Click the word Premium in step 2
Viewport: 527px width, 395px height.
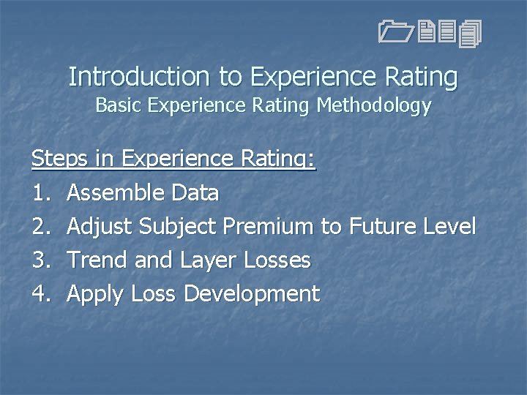point(268,227)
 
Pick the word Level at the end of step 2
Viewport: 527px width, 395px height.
point(449,227)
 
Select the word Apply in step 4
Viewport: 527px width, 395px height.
point(95,294)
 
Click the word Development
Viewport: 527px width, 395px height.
point(252,294)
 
